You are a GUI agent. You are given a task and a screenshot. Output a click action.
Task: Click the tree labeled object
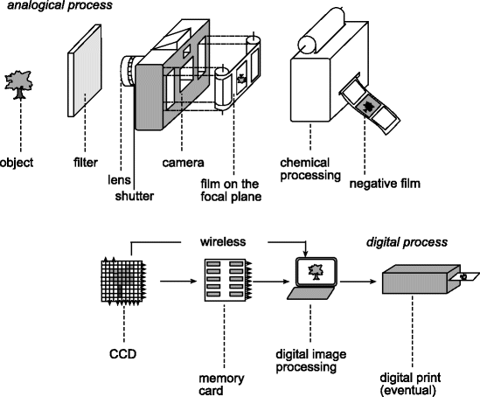click(x=19, y=85)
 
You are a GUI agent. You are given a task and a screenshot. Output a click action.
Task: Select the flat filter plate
click(x=85, y=71)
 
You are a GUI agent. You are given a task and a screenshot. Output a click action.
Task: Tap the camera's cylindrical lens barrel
click(x=129, y=71)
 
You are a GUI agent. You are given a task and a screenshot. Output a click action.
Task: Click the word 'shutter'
click(x=135, y=196)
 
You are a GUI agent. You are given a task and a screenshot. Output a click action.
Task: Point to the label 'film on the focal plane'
click(x=231, y=190)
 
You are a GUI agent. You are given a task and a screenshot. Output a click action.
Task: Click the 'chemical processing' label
click(x=310, y=170)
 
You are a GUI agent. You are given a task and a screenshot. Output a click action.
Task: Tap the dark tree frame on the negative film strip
click(x=368, y=106)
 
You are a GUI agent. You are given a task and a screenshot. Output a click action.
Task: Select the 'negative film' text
click(x=385, y=184)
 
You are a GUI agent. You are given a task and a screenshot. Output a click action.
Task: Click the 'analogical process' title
click(x=59, y=5)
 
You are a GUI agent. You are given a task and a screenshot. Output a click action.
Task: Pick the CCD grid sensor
click(x=123, y=281)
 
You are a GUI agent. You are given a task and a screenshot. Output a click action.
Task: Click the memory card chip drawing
click(x=227, y=281)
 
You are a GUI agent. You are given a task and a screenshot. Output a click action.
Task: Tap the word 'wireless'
click(x=223, y=241)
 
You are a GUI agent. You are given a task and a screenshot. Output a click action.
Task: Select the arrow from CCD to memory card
click(x=178, y=281)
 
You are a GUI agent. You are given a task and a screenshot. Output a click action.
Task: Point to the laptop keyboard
click(x=310, y=293)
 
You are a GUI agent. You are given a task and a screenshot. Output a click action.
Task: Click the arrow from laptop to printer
click(x=358, y=281)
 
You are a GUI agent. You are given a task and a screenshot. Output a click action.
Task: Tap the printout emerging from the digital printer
click(x=466, y=276)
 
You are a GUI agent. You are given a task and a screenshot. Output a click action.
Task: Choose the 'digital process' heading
click(x=407, y=242)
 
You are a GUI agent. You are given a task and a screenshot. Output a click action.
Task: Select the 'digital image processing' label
click(x=311, y=360)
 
